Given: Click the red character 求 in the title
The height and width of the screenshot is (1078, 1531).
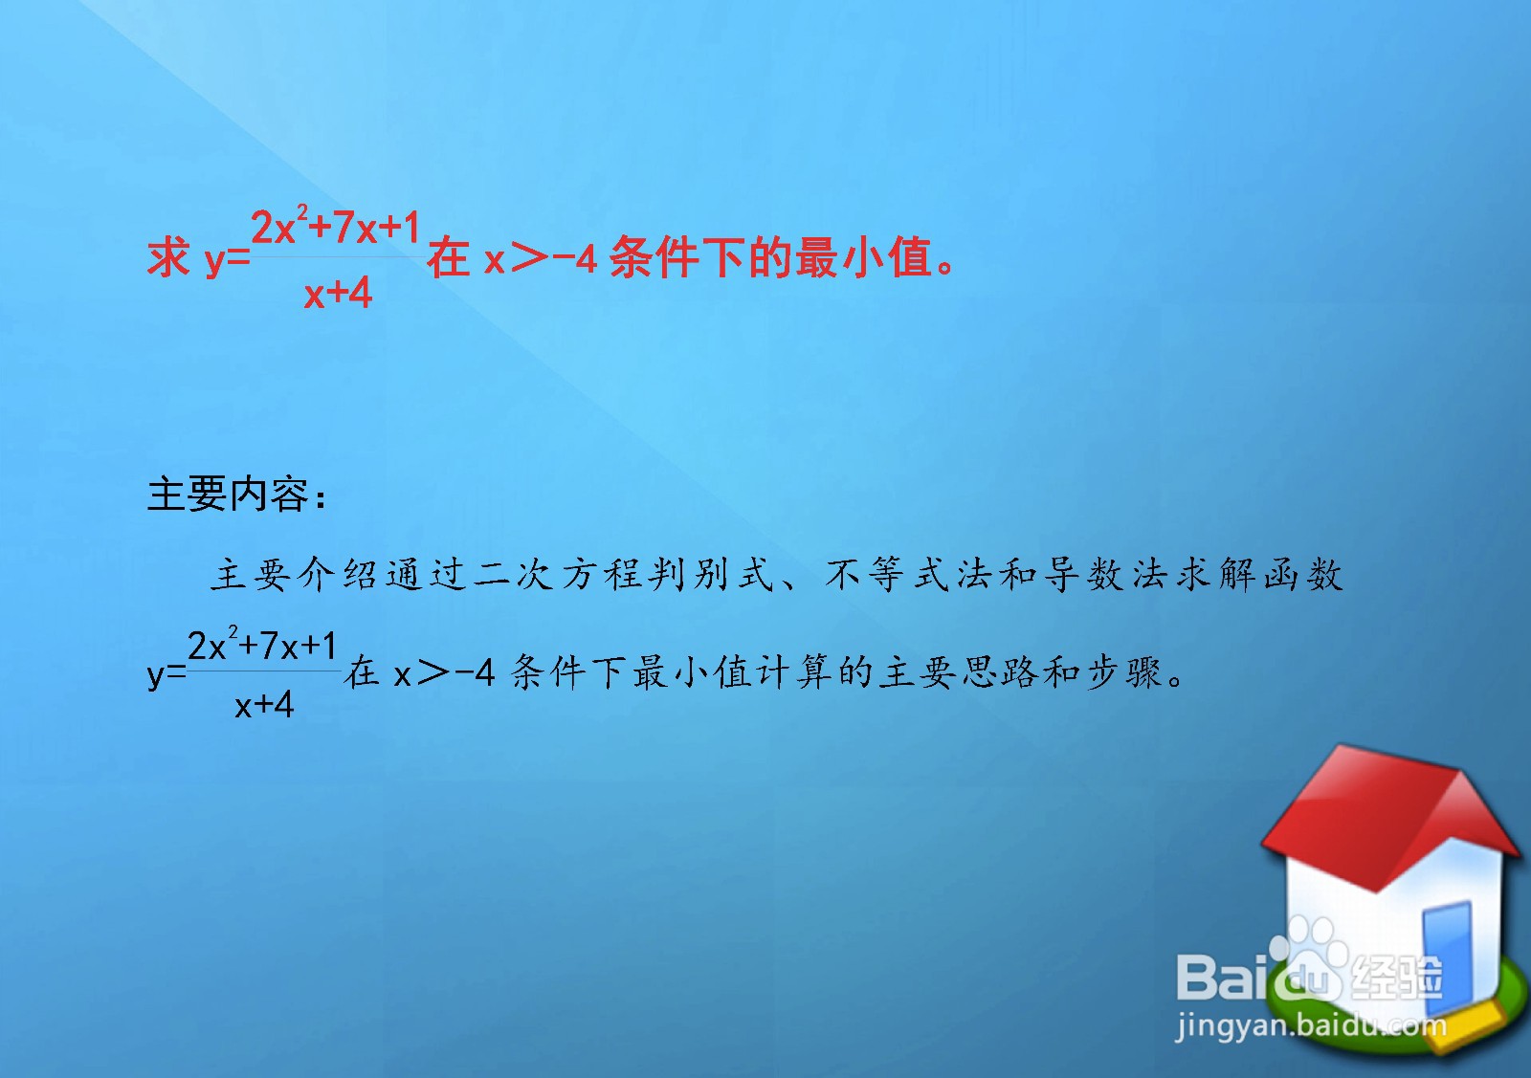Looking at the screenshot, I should click(168, 258).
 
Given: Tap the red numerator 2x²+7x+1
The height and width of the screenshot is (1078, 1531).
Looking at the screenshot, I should click(335, 228).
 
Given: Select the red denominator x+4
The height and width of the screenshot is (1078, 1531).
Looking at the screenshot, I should click(338, 293).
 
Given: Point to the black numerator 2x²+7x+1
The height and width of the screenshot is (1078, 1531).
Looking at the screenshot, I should click(262, 647).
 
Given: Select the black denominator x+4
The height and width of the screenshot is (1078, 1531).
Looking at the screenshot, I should click(264, 706).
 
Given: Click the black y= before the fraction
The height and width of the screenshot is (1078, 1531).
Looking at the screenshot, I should click(166, 674).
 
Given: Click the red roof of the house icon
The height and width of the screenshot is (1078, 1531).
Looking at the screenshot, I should click(1378, 813).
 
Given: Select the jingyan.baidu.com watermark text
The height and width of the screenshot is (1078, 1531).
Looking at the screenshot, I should click(1311, 1025).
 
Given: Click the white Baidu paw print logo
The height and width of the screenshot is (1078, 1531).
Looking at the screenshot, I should click(1306, 961).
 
